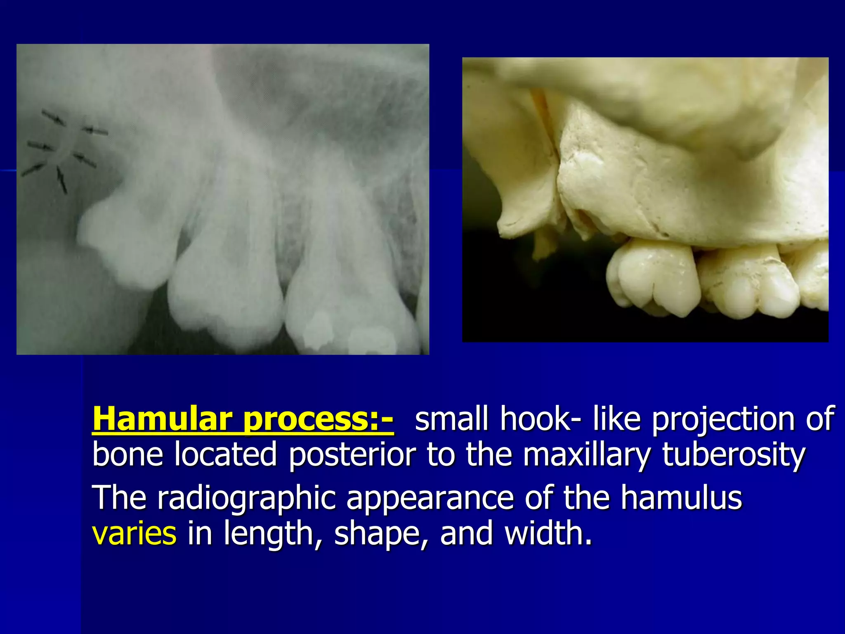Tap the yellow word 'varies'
tap(135, 533)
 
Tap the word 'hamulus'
tap(681, 498)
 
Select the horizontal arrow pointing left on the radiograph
tap(95, 131)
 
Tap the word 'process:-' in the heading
tap(318, 419)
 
